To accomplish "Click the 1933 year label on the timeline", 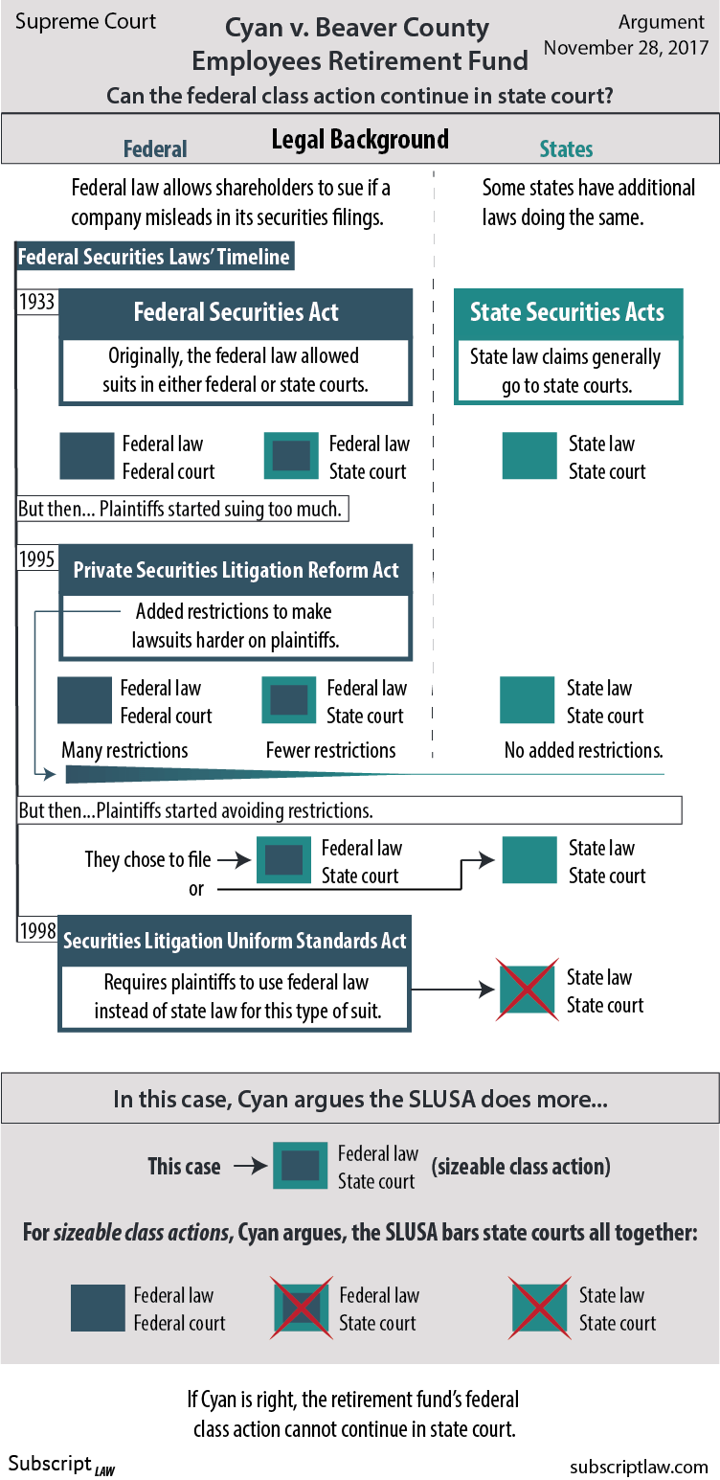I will point(37,302).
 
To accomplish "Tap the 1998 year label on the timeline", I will point(37,930).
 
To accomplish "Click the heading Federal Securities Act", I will point(236,312).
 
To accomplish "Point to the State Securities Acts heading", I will point(567,312).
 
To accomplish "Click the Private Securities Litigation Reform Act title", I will point(236,570).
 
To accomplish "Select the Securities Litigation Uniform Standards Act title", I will point(235,941).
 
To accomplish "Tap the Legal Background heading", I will point(360,140).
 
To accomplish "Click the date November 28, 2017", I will point(626,47).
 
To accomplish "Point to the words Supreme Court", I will point(85,21).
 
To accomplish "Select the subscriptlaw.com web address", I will point(639,1467).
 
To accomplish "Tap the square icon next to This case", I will point(300,1167).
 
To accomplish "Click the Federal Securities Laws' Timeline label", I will point(154,257).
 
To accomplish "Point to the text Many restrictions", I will point(124,750).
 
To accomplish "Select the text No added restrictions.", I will point(583,750).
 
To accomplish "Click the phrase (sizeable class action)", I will point(521,1167).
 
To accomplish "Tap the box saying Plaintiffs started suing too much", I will point(182,509).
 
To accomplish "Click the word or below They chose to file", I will point(196,889).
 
